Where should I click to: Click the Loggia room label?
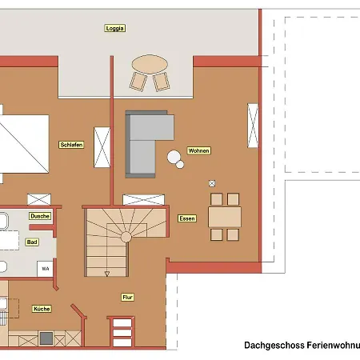coord(114,28)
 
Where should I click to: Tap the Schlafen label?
coord(71,145)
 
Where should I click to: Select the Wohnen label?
coord(198,150)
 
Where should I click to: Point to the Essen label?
coord(187,218)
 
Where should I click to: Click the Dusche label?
coord(40,216)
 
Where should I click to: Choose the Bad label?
coord(32,242)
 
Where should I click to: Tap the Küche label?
coord(42,309)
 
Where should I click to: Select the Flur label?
coord(127,298)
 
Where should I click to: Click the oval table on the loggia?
coord(150,64)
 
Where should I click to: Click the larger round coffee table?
coord(174,157)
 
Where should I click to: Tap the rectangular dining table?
coord(225,217)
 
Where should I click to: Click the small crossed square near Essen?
coord(212,183)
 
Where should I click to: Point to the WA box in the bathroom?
coord(45,269)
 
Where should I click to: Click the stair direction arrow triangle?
coord(107,274)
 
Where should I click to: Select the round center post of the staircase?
coord(126,237)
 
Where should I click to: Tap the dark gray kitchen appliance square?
coord(46,338)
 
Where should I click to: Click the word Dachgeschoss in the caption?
coord(274,346)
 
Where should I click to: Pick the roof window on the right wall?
coord(253,126)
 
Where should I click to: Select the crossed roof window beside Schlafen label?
coord(102,147)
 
